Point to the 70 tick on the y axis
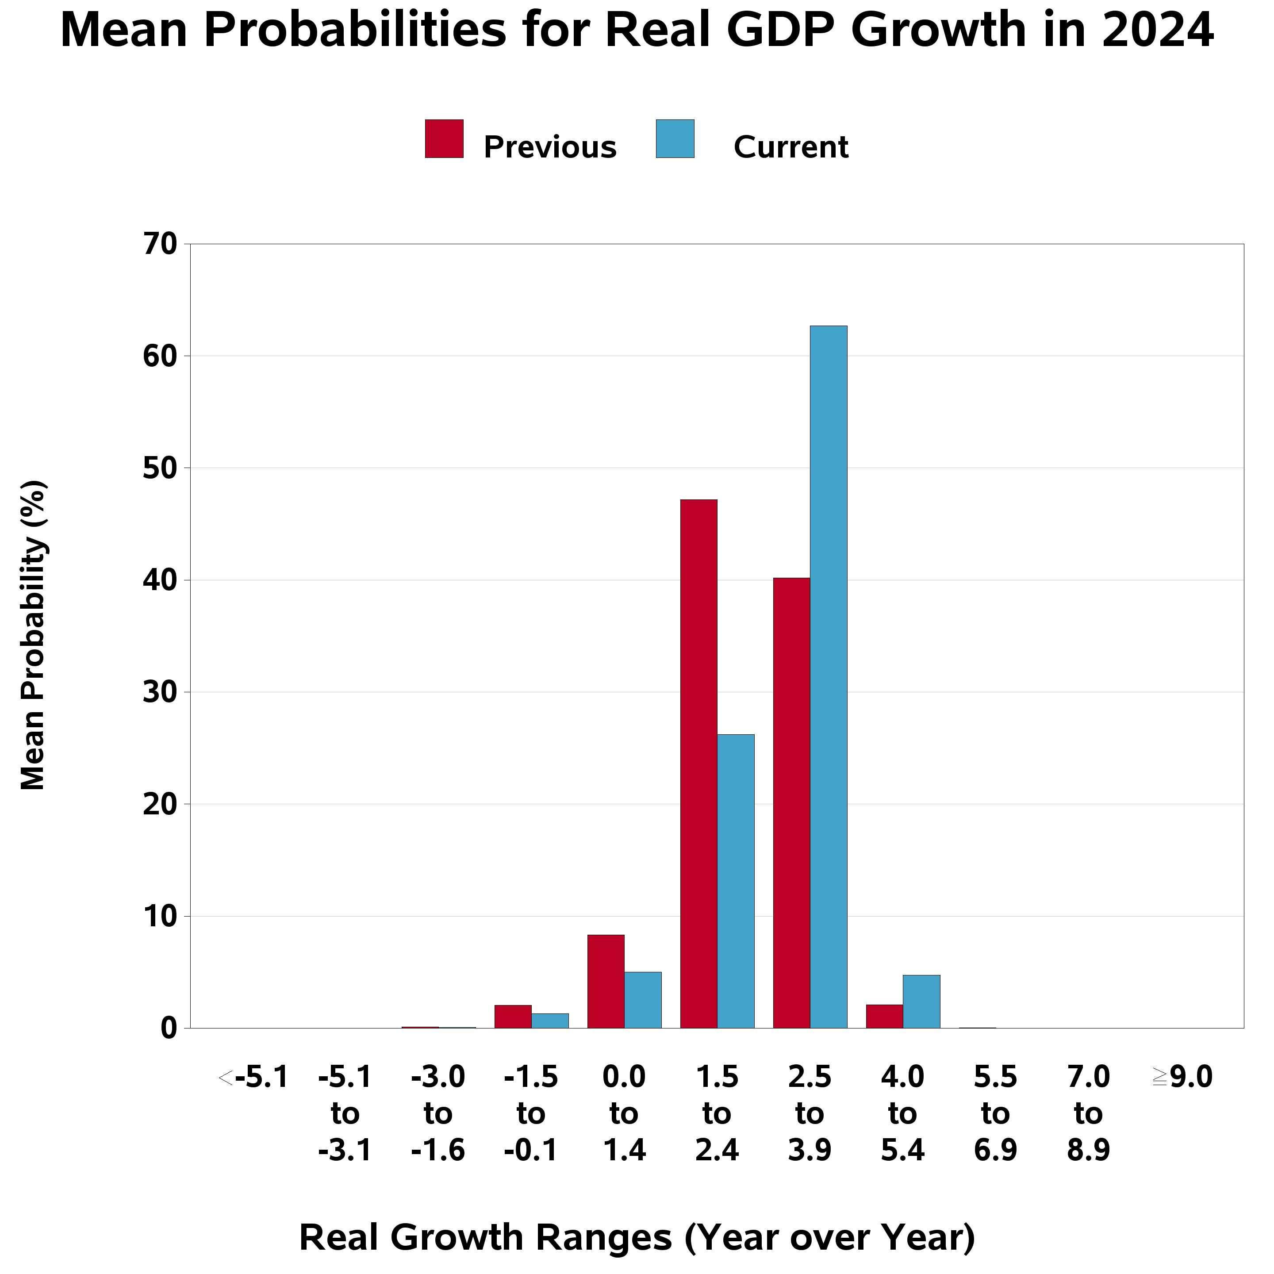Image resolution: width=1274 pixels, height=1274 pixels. (x=160, y=245)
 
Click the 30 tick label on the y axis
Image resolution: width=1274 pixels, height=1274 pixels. (x=160, y=692)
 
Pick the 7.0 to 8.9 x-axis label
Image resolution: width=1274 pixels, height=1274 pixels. (x=1088, y=1114)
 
